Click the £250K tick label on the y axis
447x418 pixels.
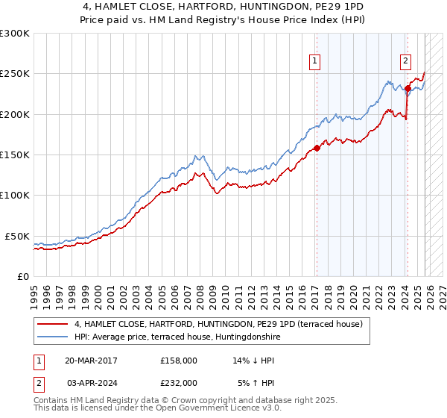coord(15,74)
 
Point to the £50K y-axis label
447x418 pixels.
coord(17,236)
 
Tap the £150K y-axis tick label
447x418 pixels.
coord(15,155)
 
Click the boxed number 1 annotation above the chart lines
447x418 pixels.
coord(316,62)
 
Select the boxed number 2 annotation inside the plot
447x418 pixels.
coord(406,62)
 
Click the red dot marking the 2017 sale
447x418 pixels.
coord(317,148)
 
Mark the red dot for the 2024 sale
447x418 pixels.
coord(408,89)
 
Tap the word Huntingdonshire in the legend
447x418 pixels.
coord(250,337)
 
